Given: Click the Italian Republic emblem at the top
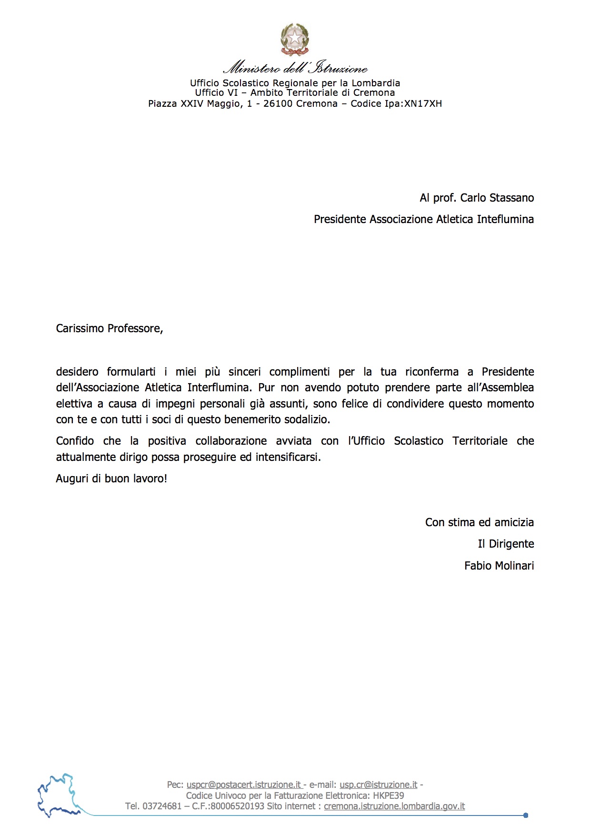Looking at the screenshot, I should pos(295,40).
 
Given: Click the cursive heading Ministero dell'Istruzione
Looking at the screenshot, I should pos(295,68).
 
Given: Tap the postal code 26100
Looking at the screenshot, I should pos(278,104).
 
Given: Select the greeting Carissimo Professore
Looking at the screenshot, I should pos(109,328).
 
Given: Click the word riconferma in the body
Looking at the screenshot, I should pos(431,372).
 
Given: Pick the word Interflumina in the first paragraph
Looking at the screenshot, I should pos(219,387).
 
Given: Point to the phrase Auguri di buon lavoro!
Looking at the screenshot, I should pos(111,479).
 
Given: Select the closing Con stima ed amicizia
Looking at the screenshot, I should pos(479,522).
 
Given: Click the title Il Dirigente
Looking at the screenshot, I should pos(506,544).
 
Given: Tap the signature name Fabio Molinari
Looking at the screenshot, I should pos(499,566).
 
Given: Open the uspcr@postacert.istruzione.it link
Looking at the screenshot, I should pos(243,785).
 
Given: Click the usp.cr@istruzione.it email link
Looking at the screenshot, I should pos(378,785).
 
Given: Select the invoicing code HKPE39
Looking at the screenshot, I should pos(388,795).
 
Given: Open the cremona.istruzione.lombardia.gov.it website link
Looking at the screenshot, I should pos(394,806).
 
